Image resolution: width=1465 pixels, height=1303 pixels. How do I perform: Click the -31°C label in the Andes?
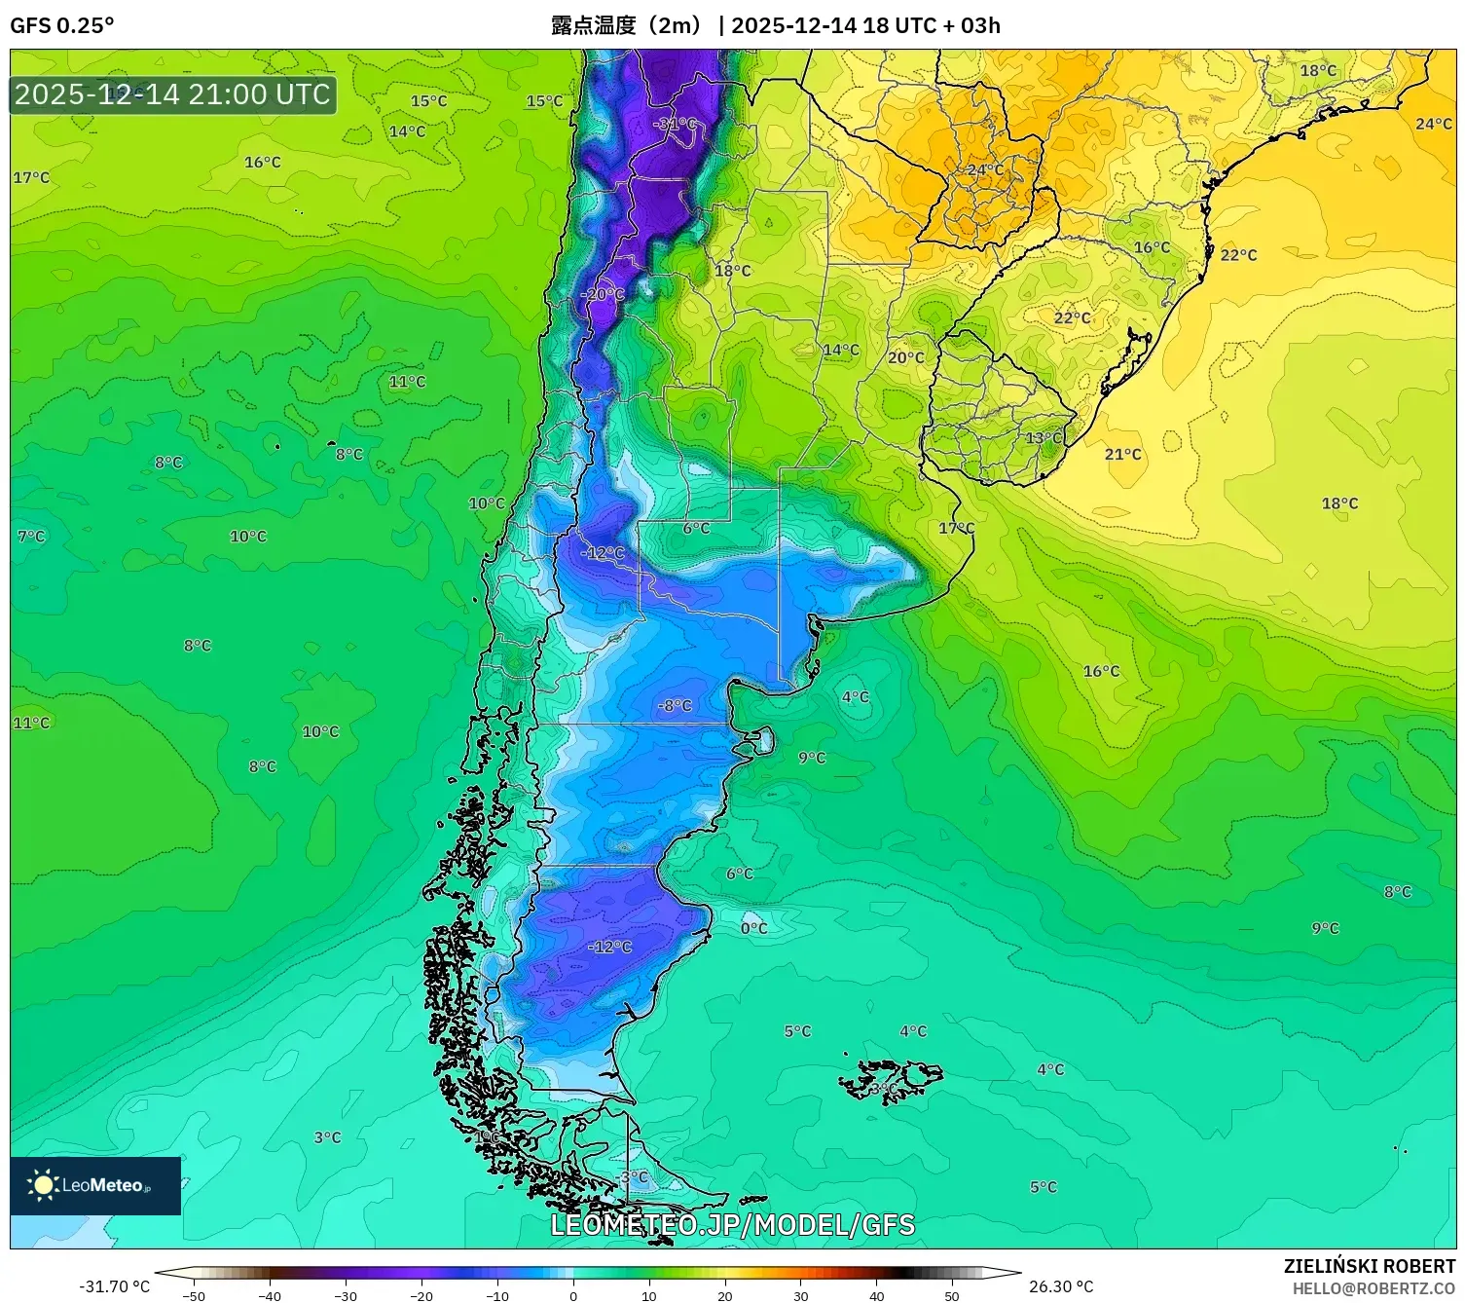676,124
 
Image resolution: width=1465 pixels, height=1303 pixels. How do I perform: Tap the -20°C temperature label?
603,294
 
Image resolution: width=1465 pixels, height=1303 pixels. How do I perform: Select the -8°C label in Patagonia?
675,705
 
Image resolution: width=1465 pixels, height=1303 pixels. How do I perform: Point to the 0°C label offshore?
753,928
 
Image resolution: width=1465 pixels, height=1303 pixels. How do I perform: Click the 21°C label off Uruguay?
1122,454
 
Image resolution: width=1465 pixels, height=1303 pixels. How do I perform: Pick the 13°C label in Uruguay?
1044,438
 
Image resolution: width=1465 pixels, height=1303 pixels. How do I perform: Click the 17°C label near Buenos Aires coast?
956,528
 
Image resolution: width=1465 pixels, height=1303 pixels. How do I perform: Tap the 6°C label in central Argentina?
696,528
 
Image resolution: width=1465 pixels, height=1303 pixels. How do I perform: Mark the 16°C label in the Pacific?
262,163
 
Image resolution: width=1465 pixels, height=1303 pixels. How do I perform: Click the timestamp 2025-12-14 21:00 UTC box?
173,94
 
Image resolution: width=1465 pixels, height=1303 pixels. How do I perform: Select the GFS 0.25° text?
61,25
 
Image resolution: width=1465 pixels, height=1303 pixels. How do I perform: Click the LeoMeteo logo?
95,1185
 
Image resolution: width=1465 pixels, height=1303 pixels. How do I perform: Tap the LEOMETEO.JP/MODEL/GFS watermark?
732,1224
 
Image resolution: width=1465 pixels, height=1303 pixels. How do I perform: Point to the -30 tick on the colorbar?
346,1295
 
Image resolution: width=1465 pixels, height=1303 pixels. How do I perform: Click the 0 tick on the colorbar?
573,1295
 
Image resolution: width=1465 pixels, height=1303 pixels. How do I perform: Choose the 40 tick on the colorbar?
876,1295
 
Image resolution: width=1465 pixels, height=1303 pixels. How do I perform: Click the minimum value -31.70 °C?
114,1286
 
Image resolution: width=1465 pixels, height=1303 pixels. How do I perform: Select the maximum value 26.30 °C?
1061,1286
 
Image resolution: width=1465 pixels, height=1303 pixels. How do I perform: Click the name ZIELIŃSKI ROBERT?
1369,1266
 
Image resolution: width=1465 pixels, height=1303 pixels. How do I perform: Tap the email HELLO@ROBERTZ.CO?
1373,1288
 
